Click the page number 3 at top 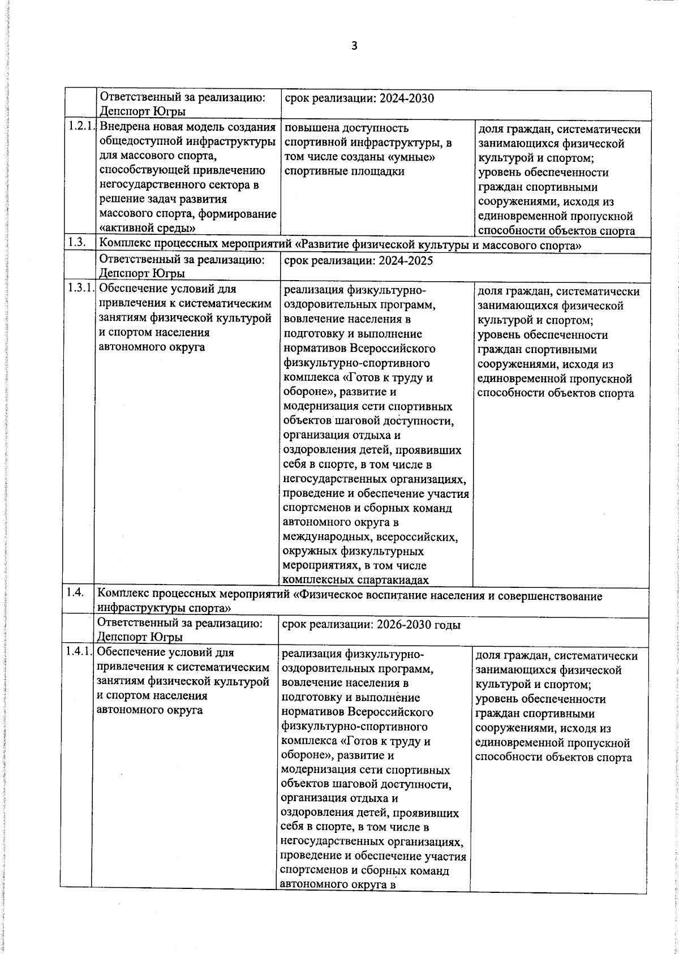tap(354, 46)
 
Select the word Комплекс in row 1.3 tap(123, 245)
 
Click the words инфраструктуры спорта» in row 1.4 tap(164, 608)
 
